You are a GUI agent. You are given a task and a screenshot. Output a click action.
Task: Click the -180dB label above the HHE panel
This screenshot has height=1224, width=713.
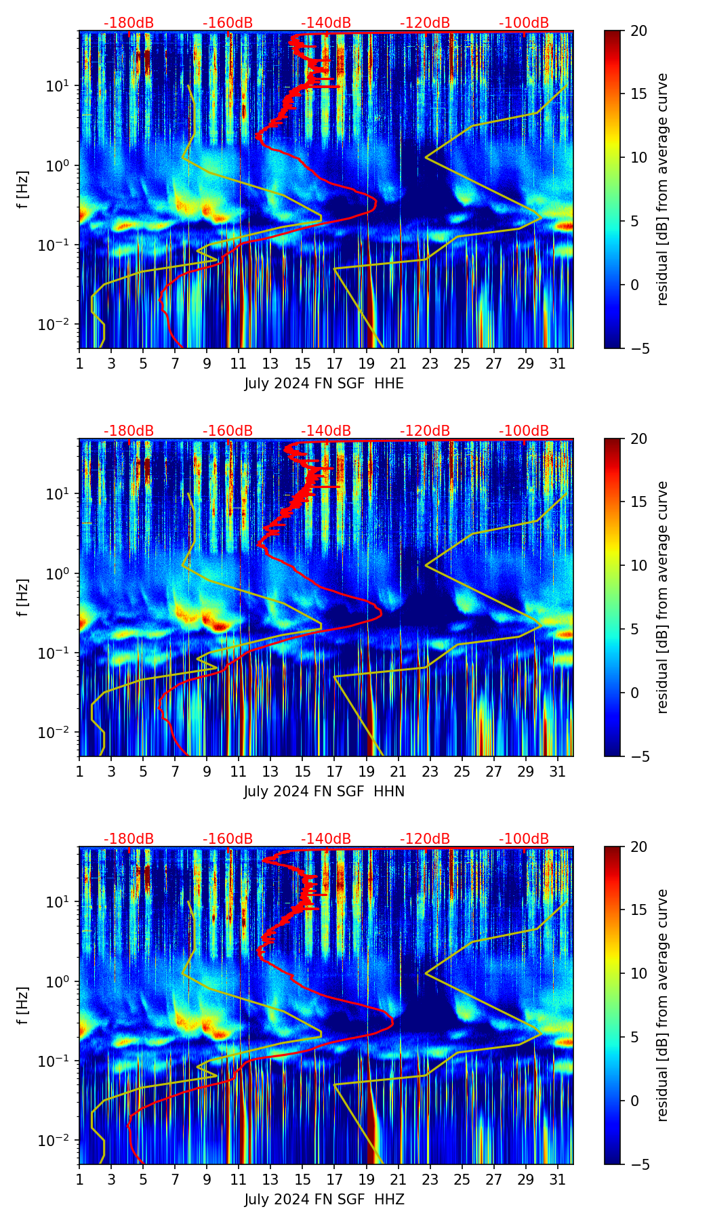click(129, 23)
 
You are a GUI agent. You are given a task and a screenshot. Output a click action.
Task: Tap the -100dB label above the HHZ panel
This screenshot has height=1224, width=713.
click(524, 839)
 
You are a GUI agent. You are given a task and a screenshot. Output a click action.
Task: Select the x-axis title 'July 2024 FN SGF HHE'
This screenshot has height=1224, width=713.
click(324, 384)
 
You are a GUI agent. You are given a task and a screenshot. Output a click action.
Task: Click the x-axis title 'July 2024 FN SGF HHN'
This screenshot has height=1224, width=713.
click(324, 792)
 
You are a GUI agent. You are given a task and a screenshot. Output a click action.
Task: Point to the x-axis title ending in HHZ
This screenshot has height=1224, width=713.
click(324, 1200)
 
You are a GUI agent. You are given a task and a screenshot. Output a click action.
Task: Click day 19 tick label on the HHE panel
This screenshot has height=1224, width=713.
click(367, 363)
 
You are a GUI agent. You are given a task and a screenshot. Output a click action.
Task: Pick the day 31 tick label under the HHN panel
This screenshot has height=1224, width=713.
click(558, 771)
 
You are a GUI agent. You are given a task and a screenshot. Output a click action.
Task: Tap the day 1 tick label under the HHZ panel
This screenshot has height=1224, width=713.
click(79, 1179)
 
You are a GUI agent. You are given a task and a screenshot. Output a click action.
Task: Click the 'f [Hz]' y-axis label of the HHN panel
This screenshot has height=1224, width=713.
click(23, 597)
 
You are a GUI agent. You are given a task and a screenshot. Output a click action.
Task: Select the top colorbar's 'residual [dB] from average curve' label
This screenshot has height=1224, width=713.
click(663, 189)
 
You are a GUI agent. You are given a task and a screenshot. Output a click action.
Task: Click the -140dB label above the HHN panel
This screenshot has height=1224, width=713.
click(326, 431)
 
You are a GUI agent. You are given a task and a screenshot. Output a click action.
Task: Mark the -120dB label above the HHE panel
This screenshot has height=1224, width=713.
click(425, 23)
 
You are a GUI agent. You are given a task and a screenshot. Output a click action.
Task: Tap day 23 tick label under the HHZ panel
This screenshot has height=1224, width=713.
click(430, 1179)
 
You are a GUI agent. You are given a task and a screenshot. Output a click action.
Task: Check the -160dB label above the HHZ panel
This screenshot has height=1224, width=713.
click(228, 839)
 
